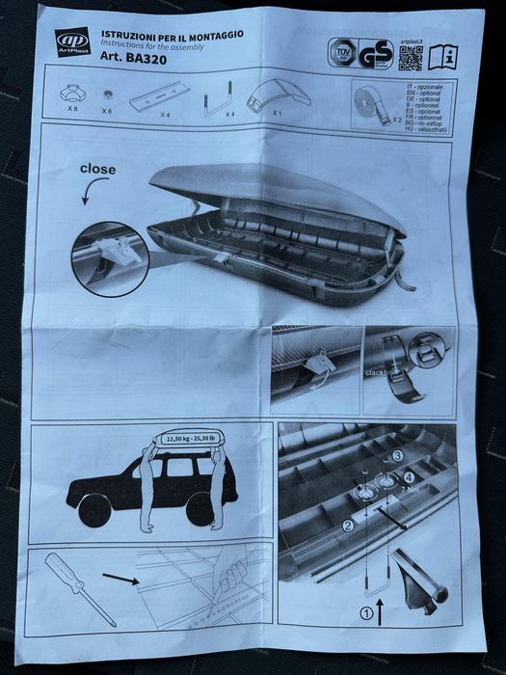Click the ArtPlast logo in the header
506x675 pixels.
coord(72,42)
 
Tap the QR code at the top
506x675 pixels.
coord(411,57)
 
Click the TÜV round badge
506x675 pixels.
coord(340,51)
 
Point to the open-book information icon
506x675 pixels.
coord(443,57)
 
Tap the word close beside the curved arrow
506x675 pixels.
coord(97,170)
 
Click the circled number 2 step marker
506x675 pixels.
coord(347,525)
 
